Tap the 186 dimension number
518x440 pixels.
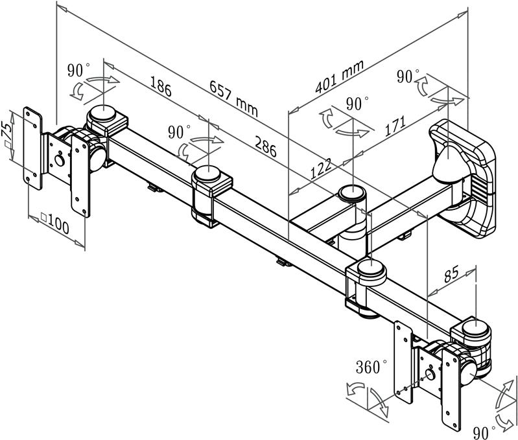(160, 87)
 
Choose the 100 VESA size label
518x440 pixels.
(54, 226)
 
